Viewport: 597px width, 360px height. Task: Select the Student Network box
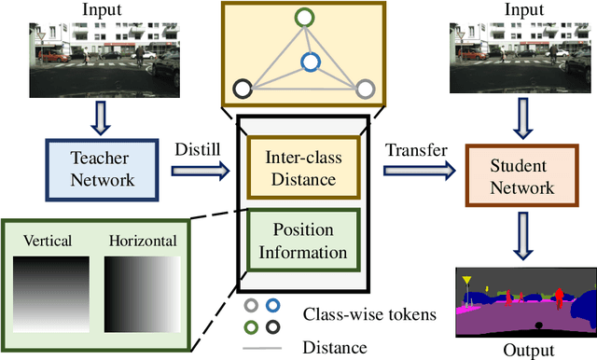(x=508, y=176)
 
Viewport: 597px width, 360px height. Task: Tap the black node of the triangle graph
(x=243, y=90)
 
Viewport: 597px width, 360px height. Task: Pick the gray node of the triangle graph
(x=366, y=90)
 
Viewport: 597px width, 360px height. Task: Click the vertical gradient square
(x=49, y=291)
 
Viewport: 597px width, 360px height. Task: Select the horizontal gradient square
(x=141, y=291)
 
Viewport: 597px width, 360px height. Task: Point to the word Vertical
(x=49, y=240)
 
